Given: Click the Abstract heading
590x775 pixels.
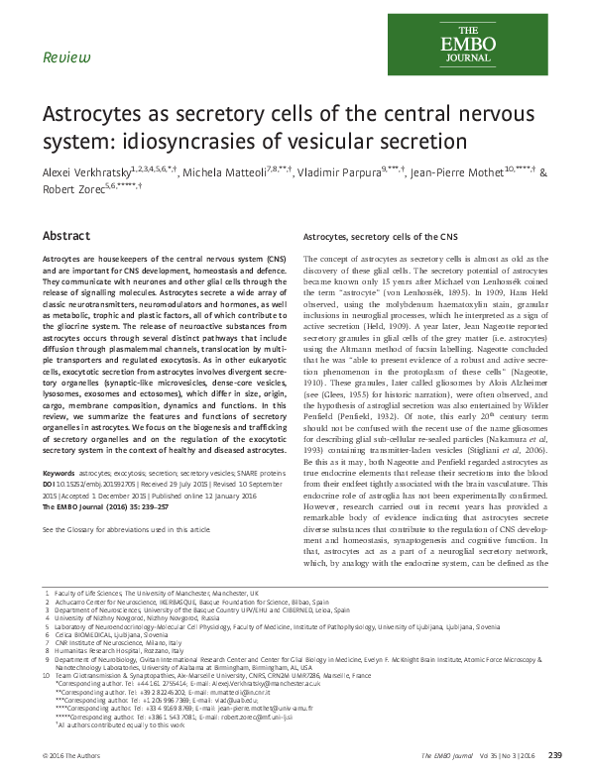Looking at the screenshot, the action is (65, 238).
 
